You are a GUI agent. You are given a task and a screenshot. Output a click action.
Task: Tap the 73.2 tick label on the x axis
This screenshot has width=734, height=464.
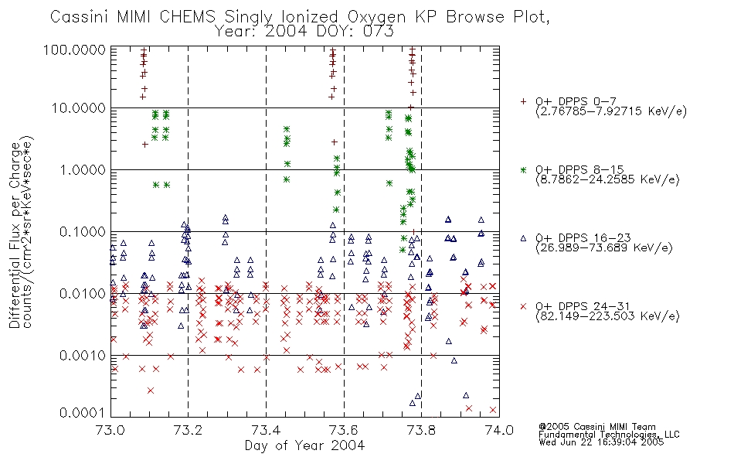coord(189,430)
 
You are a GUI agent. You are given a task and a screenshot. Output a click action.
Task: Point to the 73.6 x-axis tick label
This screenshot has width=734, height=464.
coord(344,430)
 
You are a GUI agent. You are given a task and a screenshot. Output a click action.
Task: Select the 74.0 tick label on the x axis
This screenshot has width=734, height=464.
coord(499,430)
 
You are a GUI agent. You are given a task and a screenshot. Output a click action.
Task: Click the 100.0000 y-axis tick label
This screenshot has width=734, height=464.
coord(74,49)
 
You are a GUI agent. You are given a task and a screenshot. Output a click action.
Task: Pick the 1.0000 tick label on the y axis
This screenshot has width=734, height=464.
coord(83,169)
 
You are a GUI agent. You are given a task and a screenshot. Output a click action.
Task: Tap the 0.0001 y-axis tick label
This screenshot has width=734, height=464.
coord(83,413)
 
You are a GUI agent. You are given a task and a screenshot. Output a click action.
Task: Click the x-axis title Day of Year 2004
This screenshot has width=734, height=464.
coord(304,445)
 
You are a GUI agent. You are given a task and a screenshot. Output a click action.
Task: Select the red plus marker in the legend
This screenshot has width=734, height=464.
coord(523,101)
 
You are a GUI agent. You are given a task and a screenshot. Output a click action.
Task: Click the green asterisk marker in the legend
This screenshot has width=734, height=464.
coord(523,169)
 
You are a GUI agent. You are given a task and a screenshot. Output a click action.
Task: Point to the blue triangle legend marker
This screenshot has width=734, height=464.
coord(523,238)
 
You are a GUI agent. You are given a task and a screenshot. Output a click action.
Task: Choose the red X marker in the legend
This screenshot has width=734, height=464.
coord(523,306)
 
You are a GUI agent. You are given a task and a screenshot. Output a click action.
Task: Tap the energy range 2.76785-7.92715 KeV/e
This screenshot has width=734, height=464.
coord(611,111)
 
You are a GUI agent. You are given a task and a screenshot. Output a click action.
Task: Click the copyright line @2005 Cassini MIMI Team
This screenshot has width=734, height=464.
coord(597,427)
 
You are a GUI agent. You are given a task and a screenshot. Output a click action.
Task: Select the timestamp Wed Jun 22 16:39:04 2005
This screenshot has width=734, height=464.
coord(601,442)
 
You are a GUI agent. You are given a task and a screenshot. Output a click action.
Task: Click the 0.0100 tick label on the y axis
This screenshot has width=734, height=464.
coord(83,293)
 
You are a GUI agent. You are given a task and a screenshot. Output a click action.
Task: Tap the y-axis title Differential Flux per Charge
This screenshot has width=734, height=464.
coord(15,234)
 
